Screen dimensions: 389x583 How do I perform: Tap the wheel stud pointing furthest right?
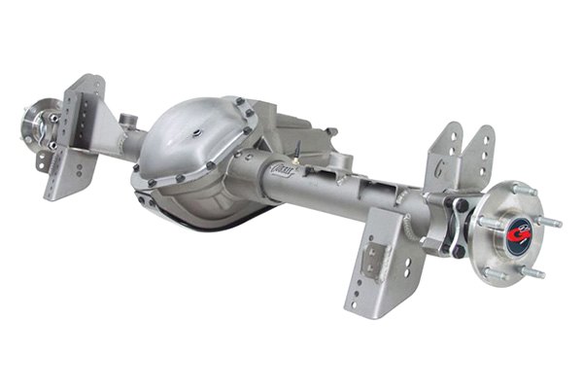pyautogui.click(x=550, y=222)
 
